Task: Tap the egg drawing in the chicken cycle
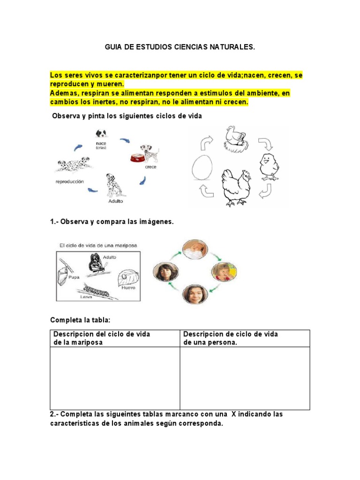[202, 167]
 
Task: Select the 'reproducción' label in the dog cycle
[70, 181]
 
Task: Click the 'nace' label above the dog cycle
[101, 144]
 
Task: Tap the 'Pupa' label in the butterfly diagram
[73, 277]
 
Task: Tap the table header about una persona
[230, 338]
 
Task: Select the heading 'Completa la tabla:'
[80, 320]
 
